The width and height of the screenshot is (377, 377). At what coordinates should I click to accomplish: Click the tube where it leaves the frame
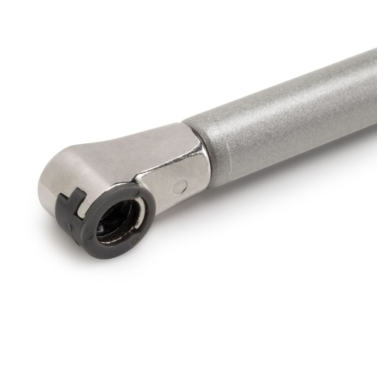368,71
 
